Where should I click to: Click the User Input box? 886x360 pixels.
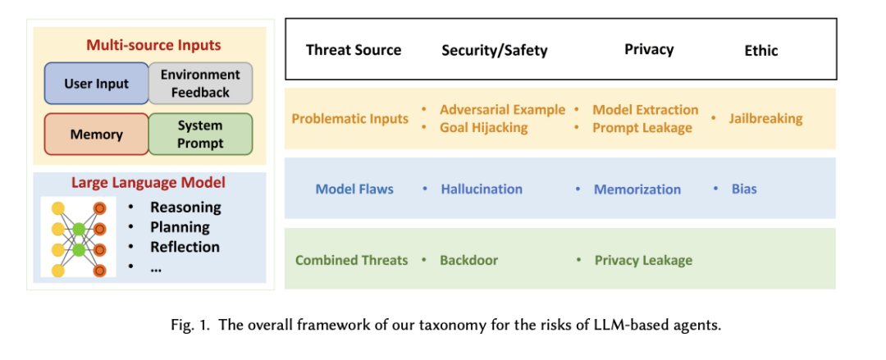pyautogui.click(x=96, y=84)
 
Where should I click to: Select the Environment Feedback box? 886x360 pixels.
pyautogui.click(x=201, y=84)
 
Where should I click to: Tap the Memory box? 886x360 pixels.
pyautogui.click(x=96, y=134)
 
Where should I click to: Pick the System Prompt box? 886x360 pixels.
pyautogui.click(x=201, y=134)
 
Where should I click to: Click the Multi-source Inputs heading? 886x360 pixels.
pyautogui.click(x=153, y=44)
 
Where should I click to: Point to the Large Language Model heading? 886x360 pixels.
pyautogui.click(x=148, y=183)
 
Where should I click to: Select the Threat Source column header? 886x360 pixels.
pyautogui.click(x=354, y=50)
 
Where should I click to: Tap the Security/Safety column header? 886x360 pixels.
pyautogui.click(x=495, y=50)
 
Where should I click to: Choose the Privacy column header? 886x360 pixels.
pyautogui.click(x=649, y=49)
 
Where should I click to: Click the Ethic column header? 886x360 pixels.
pyautogui.click(x=761, y=50)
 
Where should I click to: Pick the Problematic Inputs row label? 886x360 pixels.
pyautogui.click(x=349, y=119)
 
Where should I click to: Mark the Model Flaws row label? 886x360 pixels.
pyautogui.click(x=355, y=189)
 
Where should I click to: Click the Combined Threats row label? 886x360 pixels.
pyautogui.click(x=351, y=260)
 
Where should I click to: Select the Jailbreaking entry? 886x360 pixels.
pyautogui.click(x=765, y=119)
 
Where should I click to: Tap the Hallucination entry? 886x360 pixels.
pyautogui.click(x=482, y=189)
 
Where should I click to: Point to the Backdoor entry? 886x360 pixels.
pyautogui.click(x=469, y=260)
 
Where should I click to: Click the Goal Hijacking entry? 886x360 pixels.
pyautogui.click(x=484, y=128)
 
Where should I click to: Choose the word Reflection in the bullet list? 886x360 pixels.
pyautogui.click(x=185, y=247)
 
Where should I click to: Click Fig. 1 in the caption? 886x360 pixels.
pyautogui.click(x=190, y=326)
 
